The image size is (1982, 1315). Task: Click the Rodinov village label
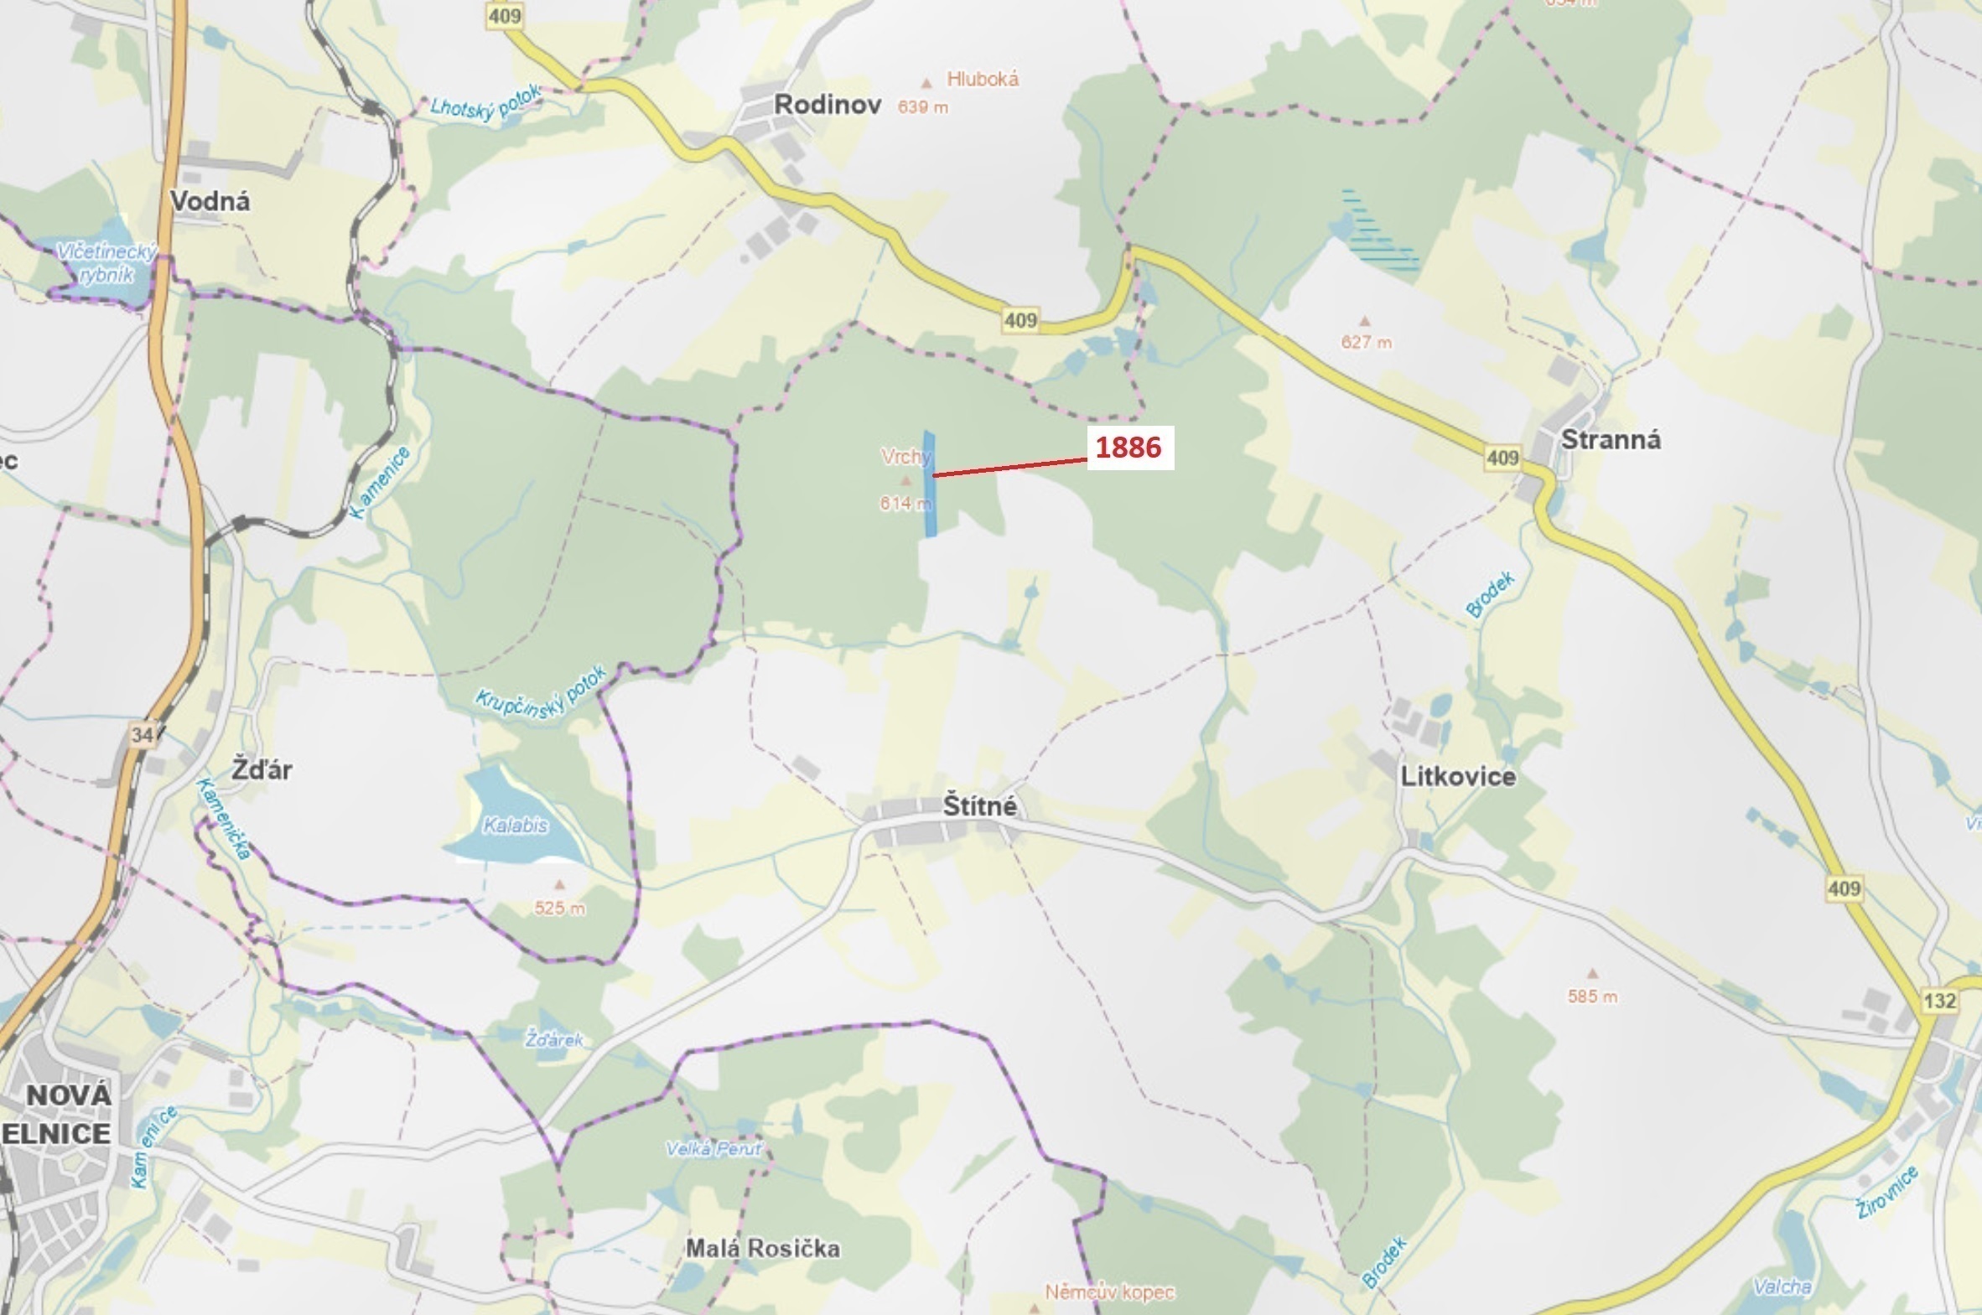click(x=827, y=105)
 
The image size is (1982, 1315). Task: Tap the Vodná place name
click(x=210, y=201)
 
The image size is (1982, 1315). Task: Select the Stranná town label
click(x=1611, y=440)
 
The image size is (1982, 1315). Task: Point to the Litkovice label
click(x=1458, y=777)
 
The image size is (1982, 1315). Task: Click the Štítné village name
click(x=979, y=806)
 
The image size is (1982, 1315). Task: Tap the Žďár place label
click(x=262, y=770)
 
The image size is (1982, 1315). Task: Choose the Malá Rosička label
click(x=762, y=1249)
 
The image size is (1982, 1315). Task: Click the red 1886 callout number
click(x=1129, y=448)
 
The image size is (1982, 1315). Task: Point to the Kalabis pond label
click(x=515, y=826)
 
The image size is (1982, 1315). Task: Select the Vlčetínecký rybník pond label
click(x=106, y=262)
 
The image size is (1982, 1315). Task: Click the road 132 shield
click(x=1940, y=1001)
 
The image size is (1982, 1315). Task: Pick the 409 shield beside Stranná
click(x=1502, y=458)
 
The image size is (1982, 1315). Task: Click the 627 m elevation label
click(x=1366, y=342)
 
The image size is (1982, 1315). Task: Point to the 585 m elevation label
click(x=1592, y=997)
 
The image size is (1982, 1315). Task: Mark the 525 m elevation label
click(x=559, y=908)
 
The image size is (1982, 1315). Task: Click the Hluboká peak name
click(x=982, y=80)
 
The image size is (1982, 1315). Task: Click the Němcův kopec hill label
click(x=1109, y=1292)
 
